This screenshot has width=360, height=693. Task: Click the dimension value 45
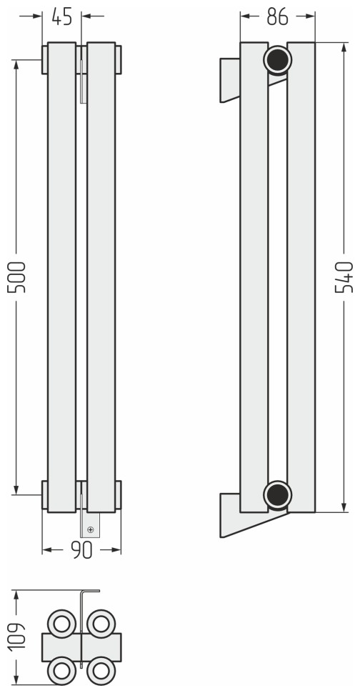click(x=62, y=16)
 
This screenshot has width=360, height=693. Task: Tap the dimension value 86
click(x=277, y=16)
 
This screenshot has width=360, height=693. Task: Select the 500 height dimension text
click(x=18, y=277)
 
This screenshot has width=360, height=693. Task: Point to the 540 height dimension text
click(x=344, y=277)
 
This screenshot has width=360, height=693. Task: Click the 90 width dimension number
click(x=81, y=550)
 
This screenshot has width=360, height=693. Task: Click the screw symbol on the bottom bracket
click(x=91, y=529)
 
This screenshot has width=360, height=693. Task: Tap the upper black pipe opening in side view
click(x=277, y=60)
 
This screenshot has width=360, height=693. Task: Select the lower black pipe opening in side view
click(x=277, y=495)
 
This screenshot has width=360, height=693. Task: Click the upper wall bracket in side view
click(x=230, y=80)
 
